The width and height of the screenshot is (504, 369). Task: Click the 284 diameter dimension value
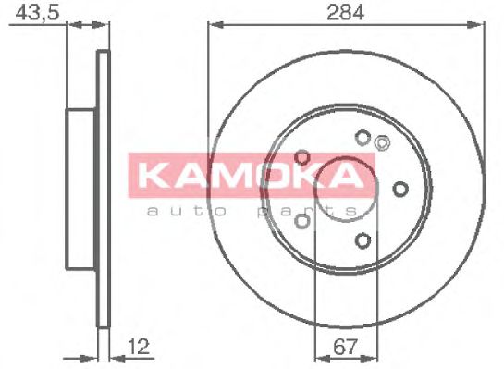pos(344,12)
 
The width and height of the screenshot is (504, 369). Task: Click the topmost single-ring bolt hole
pos(362,139)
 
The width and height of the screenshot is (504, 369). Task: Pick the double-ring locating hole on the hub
pos(381,141)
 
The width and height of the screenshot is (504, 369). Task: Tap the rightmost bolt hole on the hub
pos(400,190)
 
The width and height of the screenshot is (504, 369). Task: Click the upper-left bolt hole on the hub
pos(302,157)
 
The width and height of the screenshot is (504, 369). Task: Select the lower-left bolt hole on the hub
pos(302,221)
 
